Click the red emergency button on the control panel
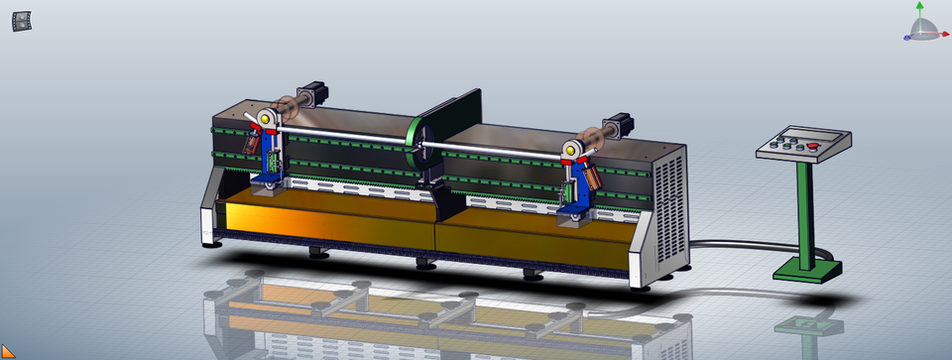pos(815,148)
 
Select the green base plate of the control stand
pos(806,269)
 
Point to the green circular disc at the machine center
pos(417,149)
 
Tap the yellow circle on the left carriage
pos(265,120)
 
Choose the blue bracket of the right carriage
pos(574,193)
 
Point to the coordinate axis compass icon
pos(921,24)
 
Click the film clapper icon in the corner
pos(21,21)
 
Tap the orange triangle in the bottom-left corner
pos(7,351)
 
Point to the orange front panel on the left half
pos(327,223)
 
